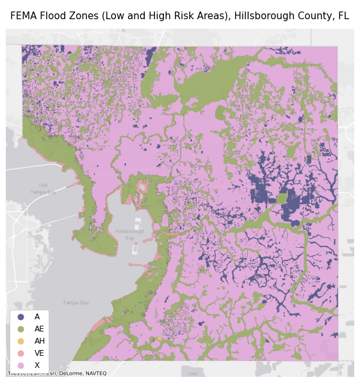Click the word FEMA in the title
click(x=24, y=16)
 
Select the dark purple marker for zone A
click(x=20, y=317)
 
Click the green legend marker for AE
click(x=20, y=329)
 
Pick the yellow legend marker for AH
click(x=20, y=341)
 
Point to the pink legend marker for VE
click(x=20, y=353)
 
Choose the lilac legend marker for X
click(x=20, y=365)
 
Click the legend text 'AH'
click(x=40, y=341)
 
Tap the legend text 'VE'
click(x=40, y=353)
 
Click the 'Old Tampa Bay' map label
click(x=43, y=189)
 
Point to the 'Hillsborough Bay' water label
click(x=130, y=234)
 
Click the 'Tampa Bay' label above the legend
click(x=76, y=303)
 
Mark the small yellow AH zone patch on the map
click(x=159, y=338)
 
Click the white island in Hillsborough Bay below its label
click(x=131, y=264)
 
